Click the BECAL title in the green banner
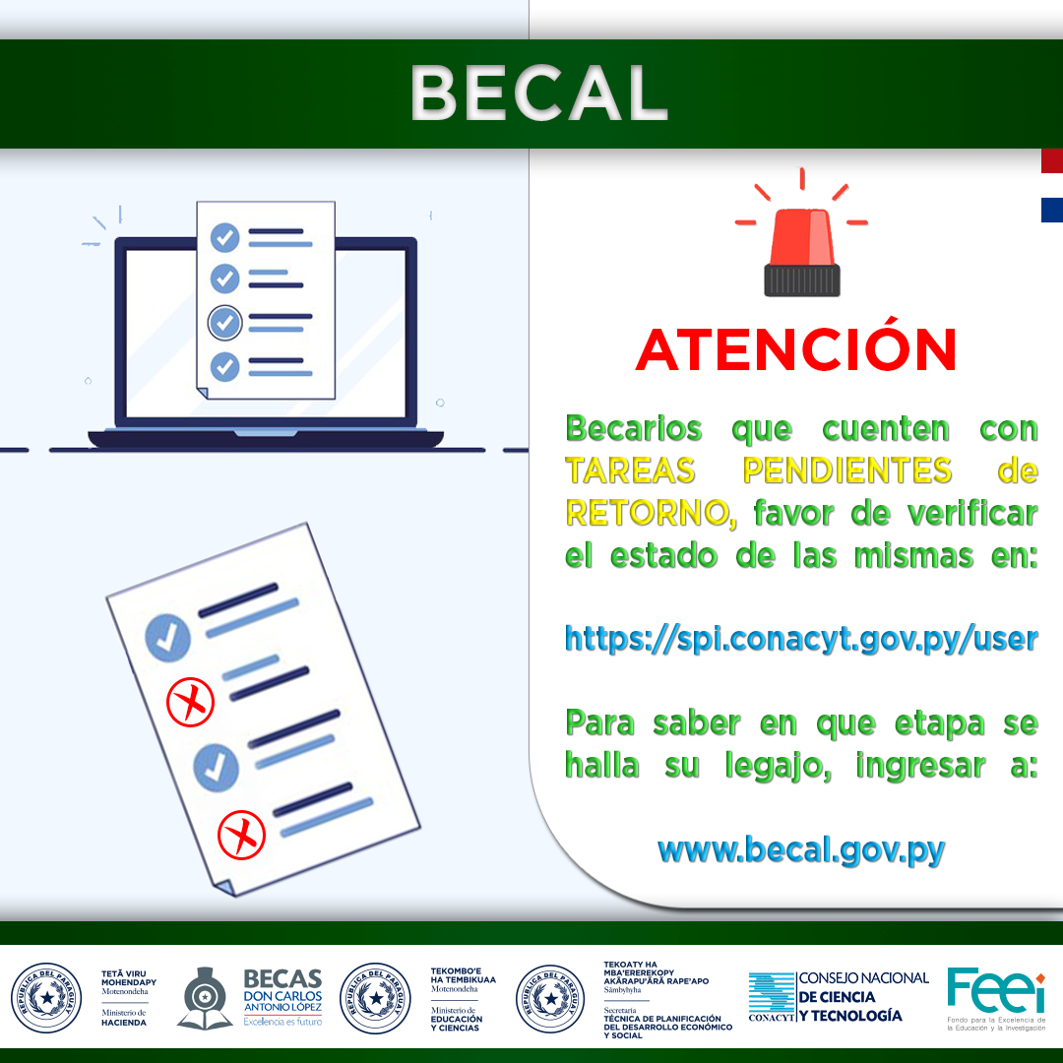tap(539, 94)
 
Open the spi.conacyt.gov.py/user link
tap(801, 640)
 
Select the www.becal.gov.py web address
tap(801, 850)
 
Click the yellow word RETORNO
tap(647, 513)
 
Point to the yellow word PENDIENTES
tap(847, 470)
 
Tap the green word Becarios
tap(634, 428)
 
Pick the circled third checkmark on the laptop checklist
tap(225, 323)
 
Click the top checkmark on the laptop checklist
tap(225, 238)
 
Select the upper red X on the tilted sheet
tap(191, 702)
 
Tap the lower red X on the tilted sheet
tap(241, 835)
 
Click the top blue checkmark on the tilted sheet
tap(167, 637)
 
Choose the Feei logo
tap(996, 999)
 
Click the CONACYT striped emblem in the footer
tap(772, 996)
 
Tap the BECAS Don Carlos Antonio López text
tap(282, 997)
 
